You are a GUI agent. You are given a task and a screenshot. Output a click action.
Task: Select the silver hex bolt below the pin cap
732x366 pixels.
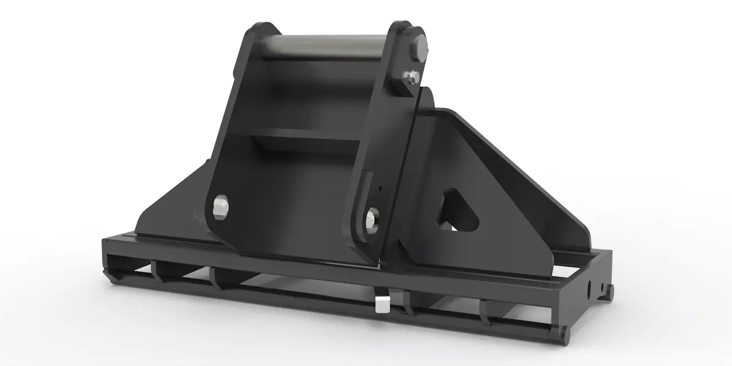click(x=413, y=77)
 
